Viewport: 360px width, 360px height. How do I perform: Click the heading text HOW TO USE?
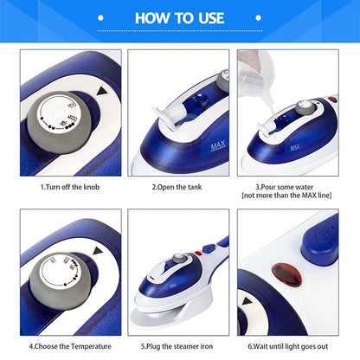tap(179, 19)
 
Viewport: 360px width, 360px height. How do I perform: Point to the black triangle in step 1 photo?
tap(105, 90)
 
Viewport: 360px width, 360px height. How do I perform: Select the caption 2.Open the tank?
tap(179, 185)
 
